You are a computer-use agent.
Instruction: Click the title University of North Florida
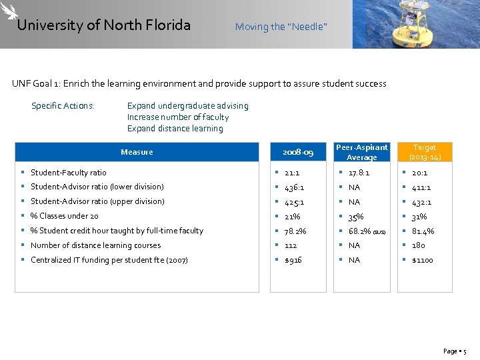pos(103,25)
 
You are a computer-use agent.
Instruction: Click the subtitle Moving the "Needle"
pos(281,27)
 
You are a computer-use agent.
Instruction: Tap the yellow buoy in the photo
pos(417,23)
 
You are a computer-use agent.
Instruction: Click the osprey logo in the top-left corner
pos(10,11)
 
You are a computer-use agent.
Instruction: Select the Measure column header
pos(137,152)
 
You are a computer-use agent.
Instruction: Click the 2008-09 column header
pos(298,152)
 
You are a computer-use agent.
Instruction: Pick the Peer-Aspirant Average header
pos(361,152)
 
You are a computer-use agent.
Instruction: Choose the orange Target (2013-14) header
pos(424,152)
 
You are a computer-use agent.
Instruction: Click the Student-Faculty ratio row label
pos(68,173)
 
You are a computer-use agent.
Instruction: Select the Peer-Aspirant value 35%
pos(356,217)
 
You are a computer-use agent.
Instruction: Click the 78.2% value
pos(295,231)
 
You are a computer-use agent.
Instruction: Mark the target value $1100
pos(422,260)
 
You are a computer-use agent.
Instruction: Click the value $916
pos(293,260)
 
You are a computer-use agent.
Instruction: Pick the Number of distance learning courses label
pos(95,245)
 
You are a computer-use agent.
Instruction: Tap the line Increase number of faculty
pos(177,117)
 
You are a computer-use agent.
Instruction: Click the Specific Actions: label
pos(63,106)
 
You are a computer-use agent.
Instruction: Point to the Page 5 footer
pos(455,351)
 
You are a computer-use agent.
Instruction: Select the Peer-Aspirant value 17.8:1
pos(359,173)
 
